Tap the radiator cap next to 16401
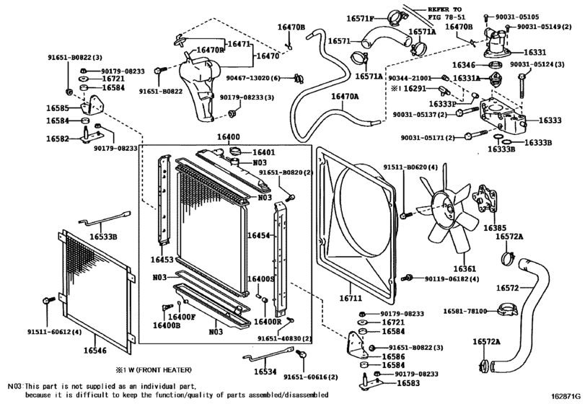pyautogui.click(x=234, y=151)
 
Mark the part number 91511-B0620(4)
pyautogui.click(x=411, y=167)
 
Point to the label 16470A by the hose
pyautogui.click(x=345, y=96)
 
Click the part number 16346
pyautogui.click(x=464, y=65)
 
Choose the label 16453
pyautogui.click(x=162, y=259)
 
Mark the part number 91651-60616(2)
pyautogui.click(x=311, y=377)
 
